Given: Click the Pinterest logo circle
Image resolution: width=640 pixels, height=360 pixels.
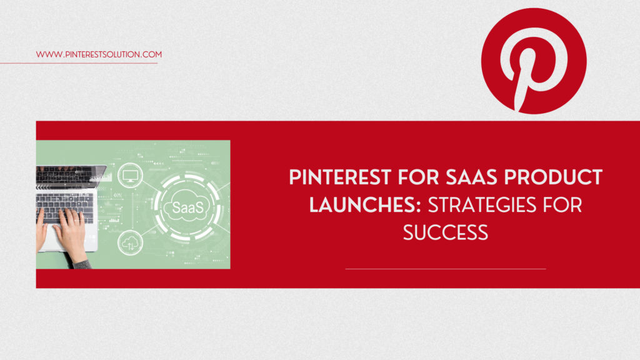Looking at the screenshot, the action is click(x=534, y=61).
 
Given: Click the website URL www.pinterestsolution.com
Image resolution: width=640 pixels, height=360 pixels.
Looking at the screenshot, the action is click(x=99, y=54).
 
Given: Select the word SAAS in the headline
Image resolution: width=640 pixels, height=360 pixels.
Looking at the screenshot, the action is click(x=471, y=177).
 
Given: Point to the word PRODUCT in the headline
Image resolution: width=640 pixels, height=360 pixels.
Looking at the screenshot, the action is click(x=554, y=177).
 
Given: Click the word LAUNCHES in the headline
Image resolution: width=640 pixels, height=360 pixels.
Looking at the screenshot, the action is click(x=362, y=205).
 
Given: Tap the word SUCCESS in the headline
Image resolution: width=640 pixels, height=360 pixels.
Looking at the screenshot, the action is click(x=445, y=232).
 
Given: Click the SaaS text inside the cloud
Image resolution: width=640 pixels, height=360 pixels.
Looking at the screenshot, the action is click(x=187, y=207).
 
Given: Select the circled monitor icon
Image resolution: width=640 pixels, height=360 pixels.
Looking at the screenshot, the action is click(x=130, y=176).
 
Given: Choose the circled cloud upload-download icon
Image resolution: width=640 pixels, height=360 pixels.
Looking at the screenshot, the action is click(x=130, y=243).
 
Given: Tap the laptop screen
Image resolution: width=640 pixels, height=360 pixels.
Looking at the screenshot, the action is click(x=70, y=176).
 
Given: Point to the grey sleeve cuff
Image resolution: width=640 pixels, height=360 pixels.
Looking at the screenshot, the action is click(x=83, y=264).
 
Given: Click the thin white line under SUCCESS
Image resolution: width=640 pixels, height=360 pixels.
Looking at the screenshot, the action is click(x=445, y=269).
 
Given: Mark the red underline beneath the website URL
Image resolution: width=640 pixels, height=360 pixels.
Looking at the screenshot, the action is click(x=79, y=63).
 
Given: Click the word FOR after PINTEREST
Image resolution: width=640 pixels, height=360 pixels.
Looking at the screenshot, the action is click(x=418, y=177).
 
